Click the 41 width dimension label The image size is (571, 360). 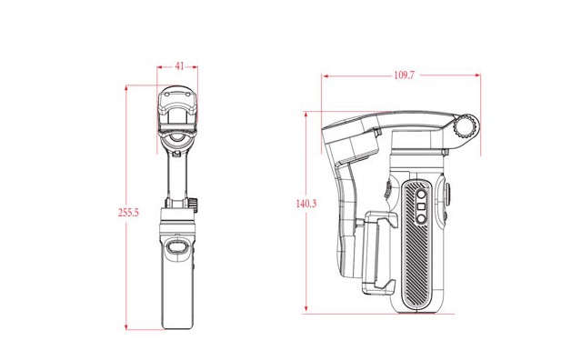(179, 66)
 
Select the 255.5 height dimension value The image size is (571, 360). (128, 212)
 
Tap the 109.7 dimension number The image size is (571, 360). (405, 75)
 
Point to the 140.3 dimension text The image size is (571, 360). (306, 204)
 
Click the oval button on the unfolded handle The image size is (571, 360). (177, 247)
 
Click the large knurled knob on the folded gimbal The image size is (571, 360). (466, 126)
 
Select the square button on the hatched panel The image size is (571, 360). (421, 206)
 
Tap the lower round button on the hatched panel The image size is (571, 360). (421, 219)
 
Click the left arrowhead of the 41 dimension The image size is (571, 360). (160, 67)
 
